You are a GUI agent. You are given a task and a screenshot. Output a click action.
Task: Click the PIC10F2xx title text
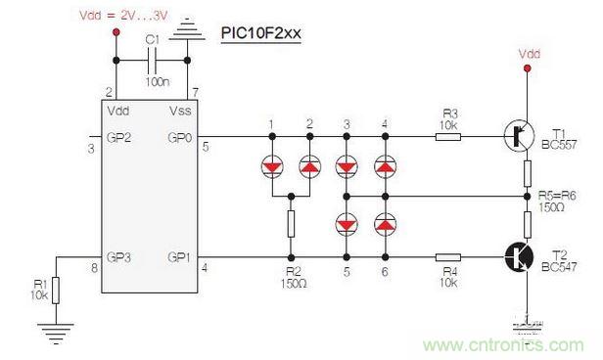(260, 33)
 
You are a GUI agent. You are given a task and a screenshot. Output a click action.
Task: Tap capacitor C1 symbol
(152, 61)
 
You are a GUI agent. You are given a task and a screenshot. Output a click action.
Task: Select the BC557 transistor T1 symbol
(519, 136)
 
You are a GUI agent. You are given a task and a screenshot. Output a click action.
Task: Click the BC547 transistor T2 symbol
(519, 257)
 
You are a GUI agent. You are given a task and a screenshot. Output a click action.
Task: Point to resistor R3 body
(448, 136)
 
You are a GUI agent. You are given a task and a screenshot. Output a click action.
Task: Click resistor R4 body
(448, 257)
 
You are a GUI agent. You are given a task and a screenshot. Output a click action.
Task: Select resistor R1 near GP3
(56, 291)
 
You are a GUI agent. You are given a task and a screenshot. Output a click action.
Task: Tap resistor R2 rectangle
(291, 224)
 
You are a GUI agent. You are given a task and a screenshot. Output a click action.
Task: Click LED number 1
(272, 166)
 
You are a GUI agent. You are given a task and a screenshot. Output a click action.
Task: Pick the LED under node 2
(309, 166)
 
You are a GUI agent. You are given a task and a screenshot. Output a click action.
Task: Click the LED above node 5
(347, 224)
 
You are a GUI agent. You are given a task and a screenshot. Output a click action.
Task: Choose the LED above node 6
(385, 224)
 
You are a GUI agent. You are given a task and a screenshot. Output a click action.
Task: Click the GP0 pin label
(179, 138)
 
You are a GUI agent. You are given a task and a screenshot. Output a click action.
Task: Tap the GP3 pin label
(118, 257)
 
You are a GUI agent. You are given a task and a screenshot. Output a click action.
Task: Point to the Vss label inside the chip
(180, 112)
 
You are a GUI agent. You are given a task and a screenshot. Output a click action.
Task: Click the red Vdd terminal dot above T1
(528, 68)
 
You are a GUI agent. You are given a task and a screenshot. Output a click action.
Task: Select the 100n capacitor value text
(158, 81)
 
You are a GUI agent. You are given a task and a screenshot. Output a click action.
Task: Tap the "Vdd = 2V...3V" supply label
(123, 16)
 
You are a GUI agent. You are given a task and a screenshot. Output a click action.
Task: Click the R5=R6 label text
(557, 196)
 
